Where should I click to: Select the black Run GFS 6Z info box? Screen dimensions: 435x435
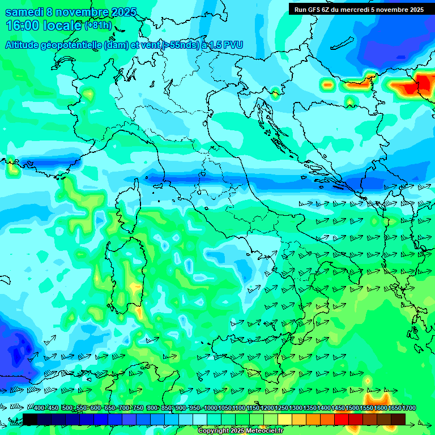(359, 9)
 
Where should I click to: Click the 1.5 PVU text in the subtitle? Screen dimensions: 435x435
(225, 45)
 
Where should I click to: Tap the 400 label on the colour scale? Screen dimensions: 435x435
(39, 408)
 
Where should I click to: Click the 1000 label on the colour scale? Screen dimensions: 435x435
(211, 408)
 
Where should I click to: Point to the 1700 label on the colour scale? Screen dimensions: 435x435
(408, 408)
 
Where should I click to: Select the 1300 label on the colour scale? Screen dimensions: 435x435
(296, 408)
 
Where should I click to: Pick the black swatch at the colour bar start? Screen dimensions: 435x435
(30, 419)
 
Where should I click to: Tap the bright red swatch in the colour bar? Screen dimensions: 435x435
(342, 419)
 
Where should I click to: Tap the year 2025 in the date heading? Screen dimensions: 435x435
(122, 12)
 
